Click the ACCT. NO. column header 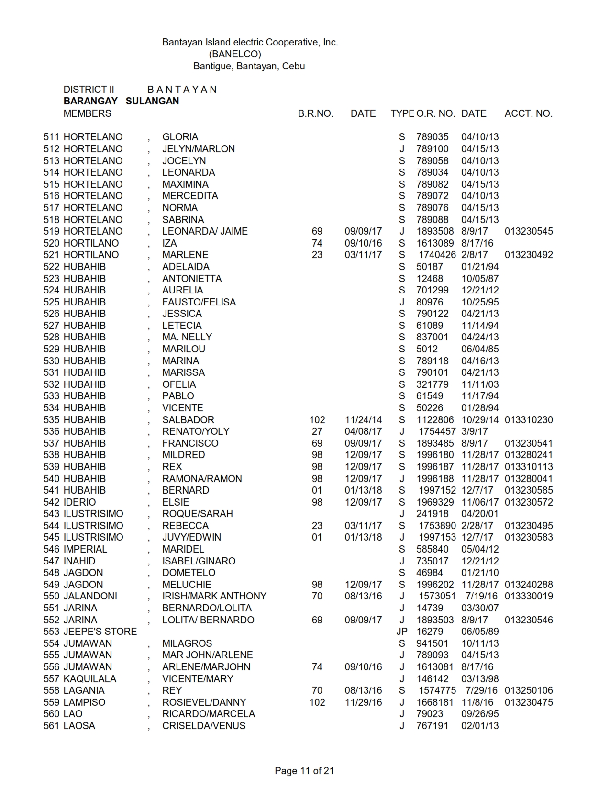[528, 113]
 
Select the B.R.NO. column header [315, 113]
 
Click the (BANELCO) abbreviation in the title [234, 54]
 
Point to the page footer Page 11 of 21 [304, 770]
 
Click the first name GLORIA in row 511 [180, 137]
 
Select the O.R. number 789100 [432, 149]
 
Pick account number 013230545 [528, 231]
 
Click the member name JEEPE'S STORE [100, 632]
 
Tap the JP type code [401, 632]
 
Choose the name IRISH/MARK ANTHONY [214, 596]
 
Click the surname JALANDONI [90, 596]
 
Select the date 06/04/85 [479, 349]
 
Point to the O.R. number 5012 [427, 349]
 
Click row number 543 [51, 514]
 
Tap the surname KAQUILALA [90, 679]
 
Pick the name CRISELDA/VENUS [203, 726]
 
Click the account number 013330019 [528, 596]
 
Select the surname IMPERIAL [85, 549]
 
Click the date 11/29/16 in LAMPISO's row [363, 702]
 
